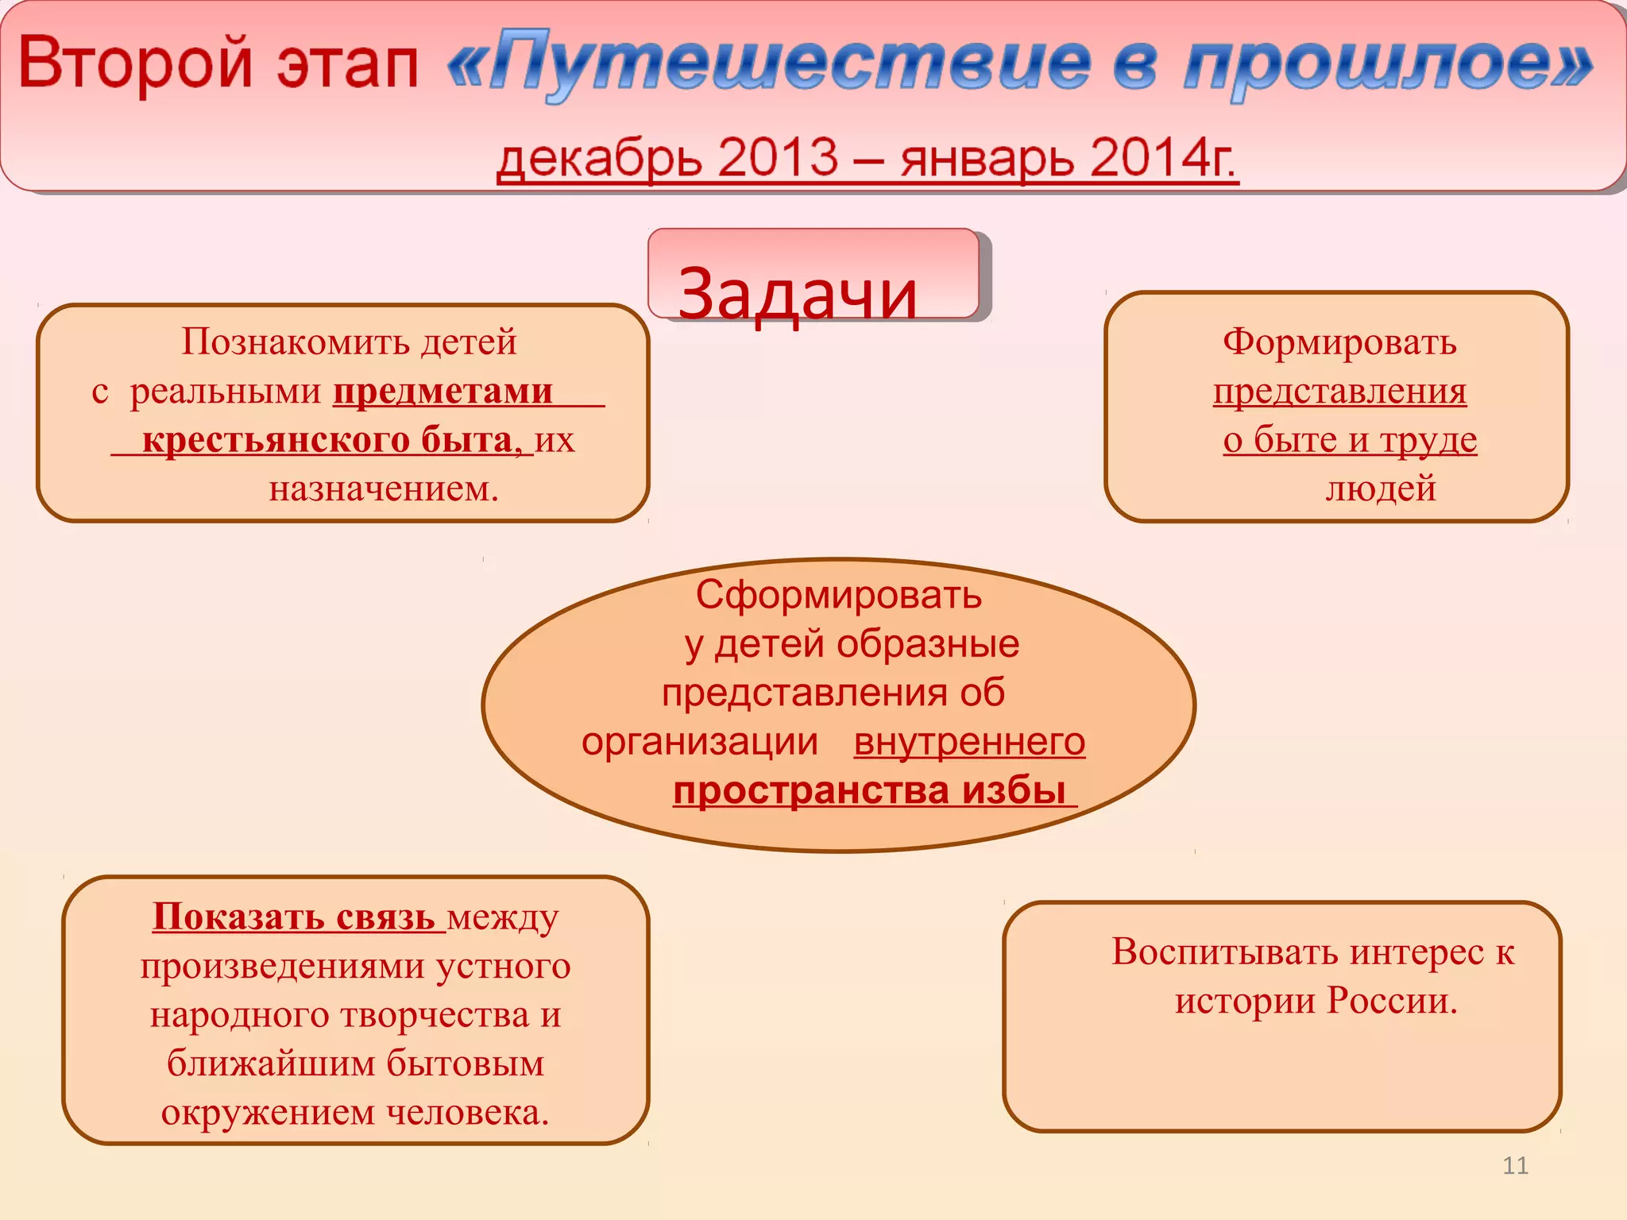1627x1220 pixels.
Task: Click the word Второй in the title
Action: click(135, 64)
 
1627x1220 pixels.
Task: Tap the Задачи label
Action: click(798, 294)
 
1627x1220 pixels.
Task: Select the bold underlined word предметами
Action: click(442, 391)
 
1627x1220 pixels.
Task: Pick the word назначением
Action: click(384, 488)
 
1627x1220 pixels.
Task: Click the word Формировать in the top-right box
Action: click(1339, 342)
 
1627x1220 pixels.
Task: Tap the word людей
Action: click(1381, 488)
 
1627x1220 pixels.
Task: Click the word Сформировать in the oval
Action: click(839, 594)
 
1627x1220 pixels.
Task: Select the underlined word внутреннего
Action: click(969, 742)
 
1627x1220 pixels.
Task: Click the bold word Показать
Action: click(238, 917)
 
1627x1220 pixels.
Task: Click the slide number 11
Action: click(1515, 1165)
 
